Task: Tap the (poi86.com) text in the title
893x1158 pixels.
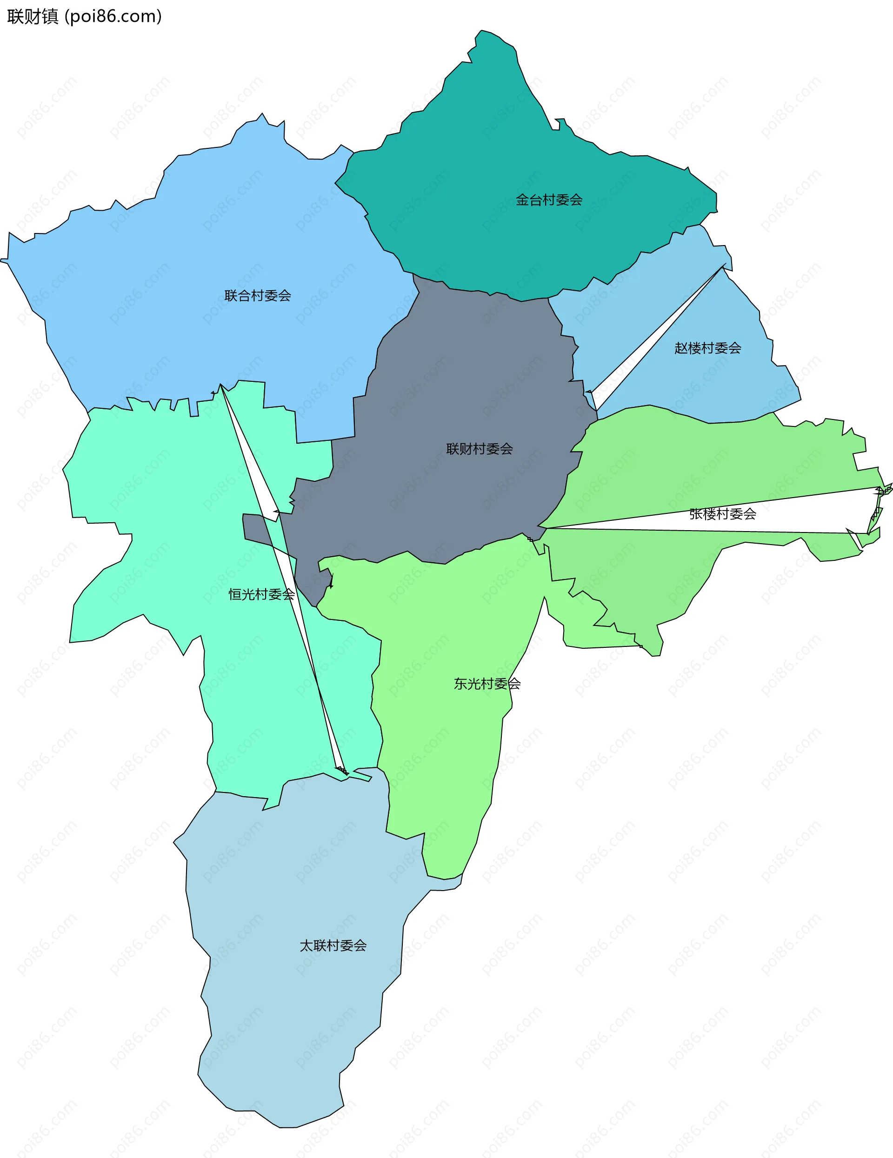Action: click(x=113, y=16)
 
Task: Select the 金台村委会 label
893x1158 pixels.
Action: click(x=549, y=200)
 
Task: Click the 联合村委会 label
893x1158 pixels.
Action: click(x=257, y=296)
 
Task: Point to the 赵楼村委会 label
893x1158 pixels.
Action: click(x=707, y=348)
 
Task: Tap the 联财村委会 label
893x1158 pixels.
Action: click(x=480, y=449)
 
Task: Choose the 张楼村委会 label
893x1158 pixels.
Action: click(x=722, y=514)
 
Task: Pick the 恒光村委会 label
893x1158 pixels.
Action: click(x=261, y=594)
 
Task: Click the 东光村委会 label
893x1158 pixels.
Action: click(x=487, y=684)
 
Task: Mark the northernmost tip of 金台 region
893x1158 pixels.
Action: click(x=481, y=31)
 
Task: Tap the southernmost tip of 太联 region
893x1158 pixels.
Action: click(x=287, y=1127)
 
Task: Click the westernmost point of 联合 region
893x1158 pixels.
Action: click(x=1, y=260)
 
